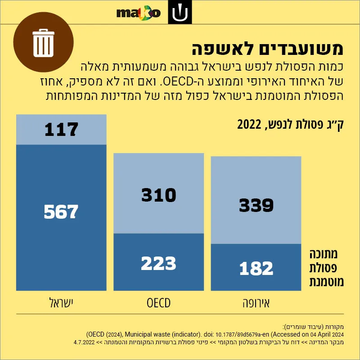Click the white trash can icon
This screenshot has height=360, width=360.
click(x=43, y=43)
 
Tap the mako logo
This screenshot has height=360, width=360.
click(x=139, y=13)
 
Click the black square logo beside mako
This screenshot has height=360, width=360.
click(x=180, y=12)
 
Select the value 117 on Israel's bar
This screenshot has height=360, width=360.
click(x=61, y=130)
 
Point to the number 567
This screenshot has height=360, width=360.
click(x=61, y=211)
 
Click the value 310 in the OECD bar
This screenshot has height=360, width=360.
click(x=159, y=195)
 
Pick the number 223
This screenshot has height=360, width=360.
click(x=159, y=263)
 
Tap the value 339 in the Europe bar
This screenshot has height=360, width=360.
click(x=256, y=205)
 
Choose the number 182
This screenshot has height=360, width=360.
click(x=256, y=268)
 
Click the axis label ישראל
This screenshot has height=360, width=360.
click(x=61, y=303)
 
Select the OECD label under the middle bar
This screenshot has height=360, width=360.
click(x=159, y=303)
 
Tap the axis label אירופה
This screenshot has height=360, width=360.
click(x=256, y=303)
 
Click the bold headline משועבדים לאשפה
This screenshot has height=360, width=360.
click(x=267, y=49)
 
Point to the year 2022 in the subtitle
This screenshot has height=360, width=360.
click(x=249, y=125)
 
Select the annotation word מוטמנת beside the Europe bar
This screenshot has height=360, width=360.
click(x=327, y=282)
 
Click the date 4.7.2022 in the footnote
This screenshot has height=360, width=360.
click(x=84, y=342)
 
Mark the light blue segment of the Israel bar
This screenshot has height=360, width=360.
click(x=61, y=130)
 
